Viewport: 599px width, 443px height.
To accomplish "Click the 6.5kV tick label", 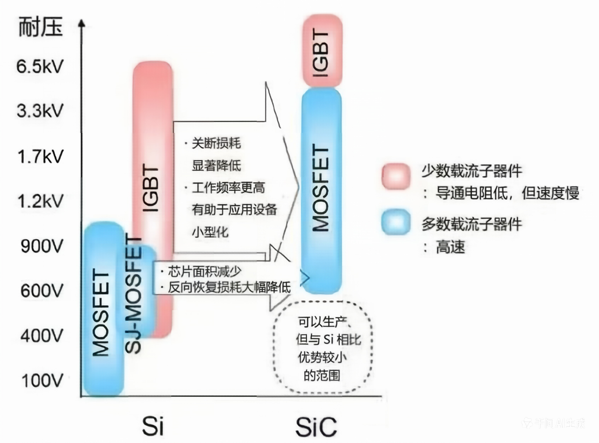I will pos(40,67).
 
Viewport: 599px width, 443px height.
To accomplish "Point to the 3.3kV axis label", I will pos(40,111).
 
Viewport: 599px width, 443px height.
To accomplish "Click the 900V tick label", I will pos(42,246).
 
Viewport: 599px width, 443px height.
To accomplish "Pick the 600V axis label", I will pos(42,290).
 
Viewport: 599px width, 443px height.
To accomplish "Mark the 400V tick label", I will pos(42,336).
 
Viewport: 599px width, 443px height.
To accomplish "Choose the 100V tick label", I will pos(42,380).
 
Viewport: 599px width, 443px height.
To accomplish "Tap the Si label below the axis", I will pos(153,425).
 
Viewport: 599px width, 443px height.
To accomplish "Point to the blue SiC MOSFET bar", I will pos(322,189).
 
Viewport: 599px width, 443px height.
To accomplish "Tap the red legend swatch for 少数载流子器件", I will pos(396,176).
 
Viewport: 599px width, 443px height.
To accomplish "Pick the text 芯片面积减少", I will pos(204,272).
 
